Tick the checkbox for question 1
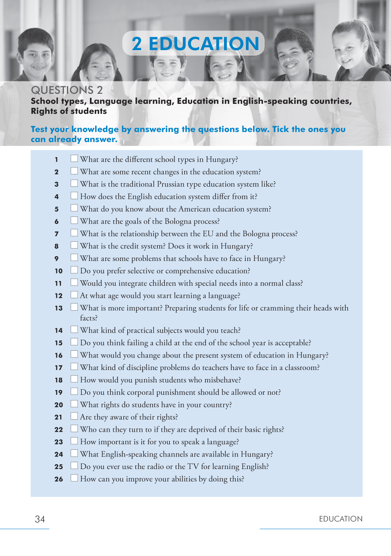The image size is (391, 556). coord(74,158)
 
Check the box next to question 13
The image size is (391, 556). coord(74,307)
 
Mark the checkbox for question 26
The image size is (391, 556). coord(74,478)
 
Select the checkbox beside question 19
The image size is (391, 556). coord(74,391)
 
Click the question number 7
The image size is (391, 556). coord(57,234)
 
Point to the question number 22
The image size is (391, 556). coord(59,430)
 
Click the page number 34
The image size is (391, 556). coord(40,520)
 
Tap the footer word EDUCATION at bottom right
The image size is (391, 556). coord(340,519)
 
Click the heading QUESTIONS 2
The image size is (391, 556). coord(67,90)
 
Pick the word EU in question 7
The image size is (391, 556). coord(208,234)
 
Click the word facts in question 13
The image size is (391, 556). coord(88,318)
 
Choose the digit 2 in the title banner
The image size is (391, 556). coord(137,44)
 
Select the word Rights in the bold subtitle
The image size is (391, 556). coord(42,111)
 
